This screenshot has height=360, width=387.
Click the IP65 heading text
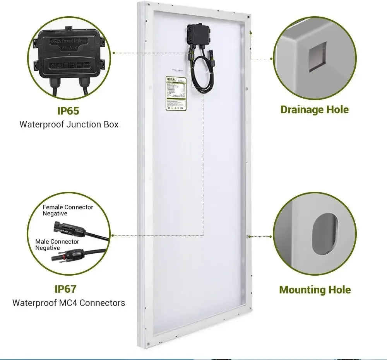click(68, 111)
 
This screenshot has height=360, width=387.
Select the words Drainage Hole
click(314, 109)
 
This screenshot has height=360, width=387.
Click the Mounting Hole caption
click(315, 290)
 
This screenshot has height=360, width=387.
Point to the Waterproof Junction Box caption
click(69, 125)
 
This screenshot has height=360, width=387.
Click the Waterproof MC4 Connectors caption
click(68, 302)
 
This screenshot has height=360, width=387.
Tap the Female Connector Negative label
click(68, 210)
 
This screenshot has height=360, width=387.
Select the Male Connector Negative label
click(57, 244)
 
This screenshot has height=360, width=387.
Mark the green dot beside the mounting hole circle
click(271, 236)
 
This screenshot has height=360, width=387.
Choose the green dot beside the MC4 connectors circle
click(113, 235)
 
